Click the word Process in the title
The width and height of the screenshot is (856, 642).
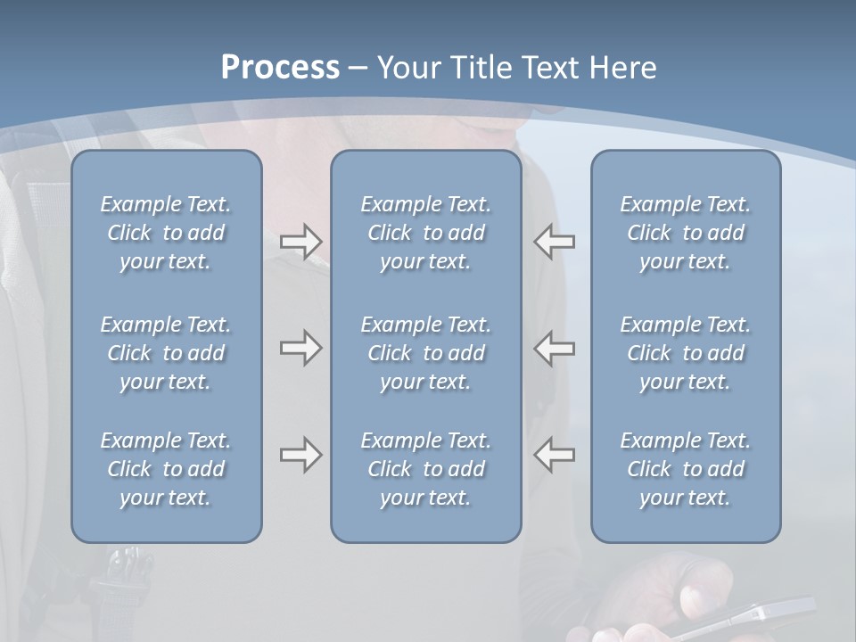pyautogui.click(x=280, y=68)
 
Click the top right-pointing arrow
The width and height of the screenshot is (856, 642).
pyautogui.click(x=300, y=242)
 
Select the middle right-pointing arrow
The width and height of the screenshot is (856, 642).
pyautogui.click(x=300, y=348)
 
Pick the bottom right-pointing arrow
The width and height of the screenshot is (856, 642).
pyautogui.click(x=300, y=455)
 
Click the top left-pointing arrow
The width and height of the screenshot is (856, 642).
pyautogui.click(x=555, y=242)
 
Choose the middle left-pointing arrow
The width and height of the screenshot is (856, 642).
pyautogui.click(x=555, y=348)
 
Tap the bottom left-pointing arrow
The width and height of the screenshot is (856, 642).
pyautogui.click(x=555, y=455)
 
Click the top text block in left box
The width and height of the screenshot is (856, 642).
pyautogui.click(x=166, y=233)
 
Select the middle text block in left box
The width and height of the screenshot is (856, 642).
pyautogui.click(x=166, y=353)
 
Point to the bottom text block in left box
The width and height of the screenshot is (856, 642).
pyautogui.click(x=166, y=469)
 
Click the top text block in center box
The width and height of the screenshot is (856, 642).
pyautogui.click(x=425, y=233)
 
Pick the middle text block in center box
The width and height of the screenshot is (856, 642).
pyautogui.click(x=425, y=353)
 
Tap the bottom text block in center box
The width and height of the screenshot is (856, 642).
pyautogui.click(x=425, y=469)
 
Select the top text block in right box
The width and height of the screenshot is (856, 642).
pyautogui.click(x=685, y=233)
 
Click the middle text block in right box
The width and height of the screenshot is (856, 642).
pyautogui.click(x=685, y=353)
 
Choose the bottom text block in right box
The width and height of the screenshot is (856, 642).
pyautogui.click(x=685, y=469)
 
